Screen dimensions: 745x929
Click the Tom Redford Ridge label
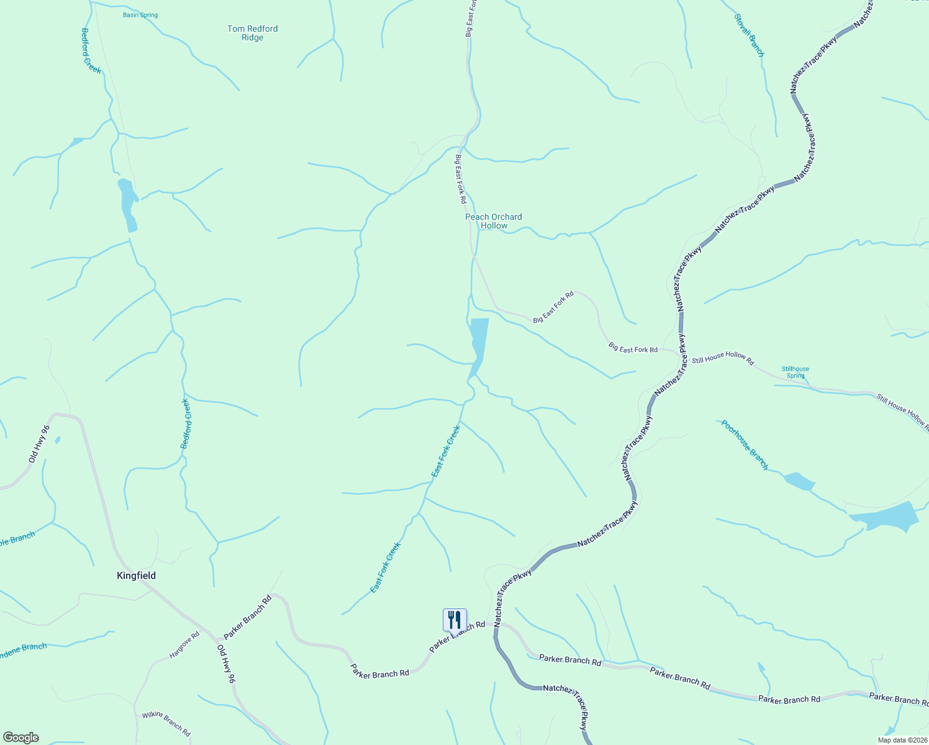click(x=252, y=33)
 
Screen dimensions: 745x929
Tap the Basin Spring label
click(x=140, y=15)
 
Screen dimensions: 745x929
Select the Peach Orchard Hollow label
click(x=494, y=221)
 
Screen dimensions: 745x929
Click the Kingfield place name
click(x=136, y=576)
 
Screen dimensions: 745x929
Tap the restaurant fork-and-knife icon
click(x=454, y=620)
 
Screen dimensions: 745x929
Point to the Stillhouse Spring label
click(x=795, y=372)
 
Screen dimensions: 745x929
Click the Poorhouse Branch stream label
click(x=745, y=445)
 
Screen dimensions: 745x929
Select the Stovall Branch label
click(x=749, y=35)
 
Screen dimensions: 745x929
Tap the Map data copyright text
click(x=902, y=740)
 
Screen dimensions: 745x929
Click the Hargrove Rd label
click(x=184, y=645)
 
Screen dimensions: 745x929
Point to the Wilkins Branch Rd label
click(x=166, y=723)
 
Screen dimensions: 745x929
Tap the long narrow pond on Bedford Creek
click(x=127, y=204)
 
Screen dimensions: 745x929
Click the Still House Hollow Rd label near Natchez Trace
click(x=722, y=360)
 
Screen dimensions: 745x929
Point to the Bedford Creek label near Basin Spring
click(x=91, y=51)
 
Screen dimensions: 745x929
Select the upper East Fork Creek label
click(x=446, y=451)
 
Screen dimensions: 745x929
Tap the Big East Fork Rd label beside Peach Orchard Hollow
click(x=460, y=179)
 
